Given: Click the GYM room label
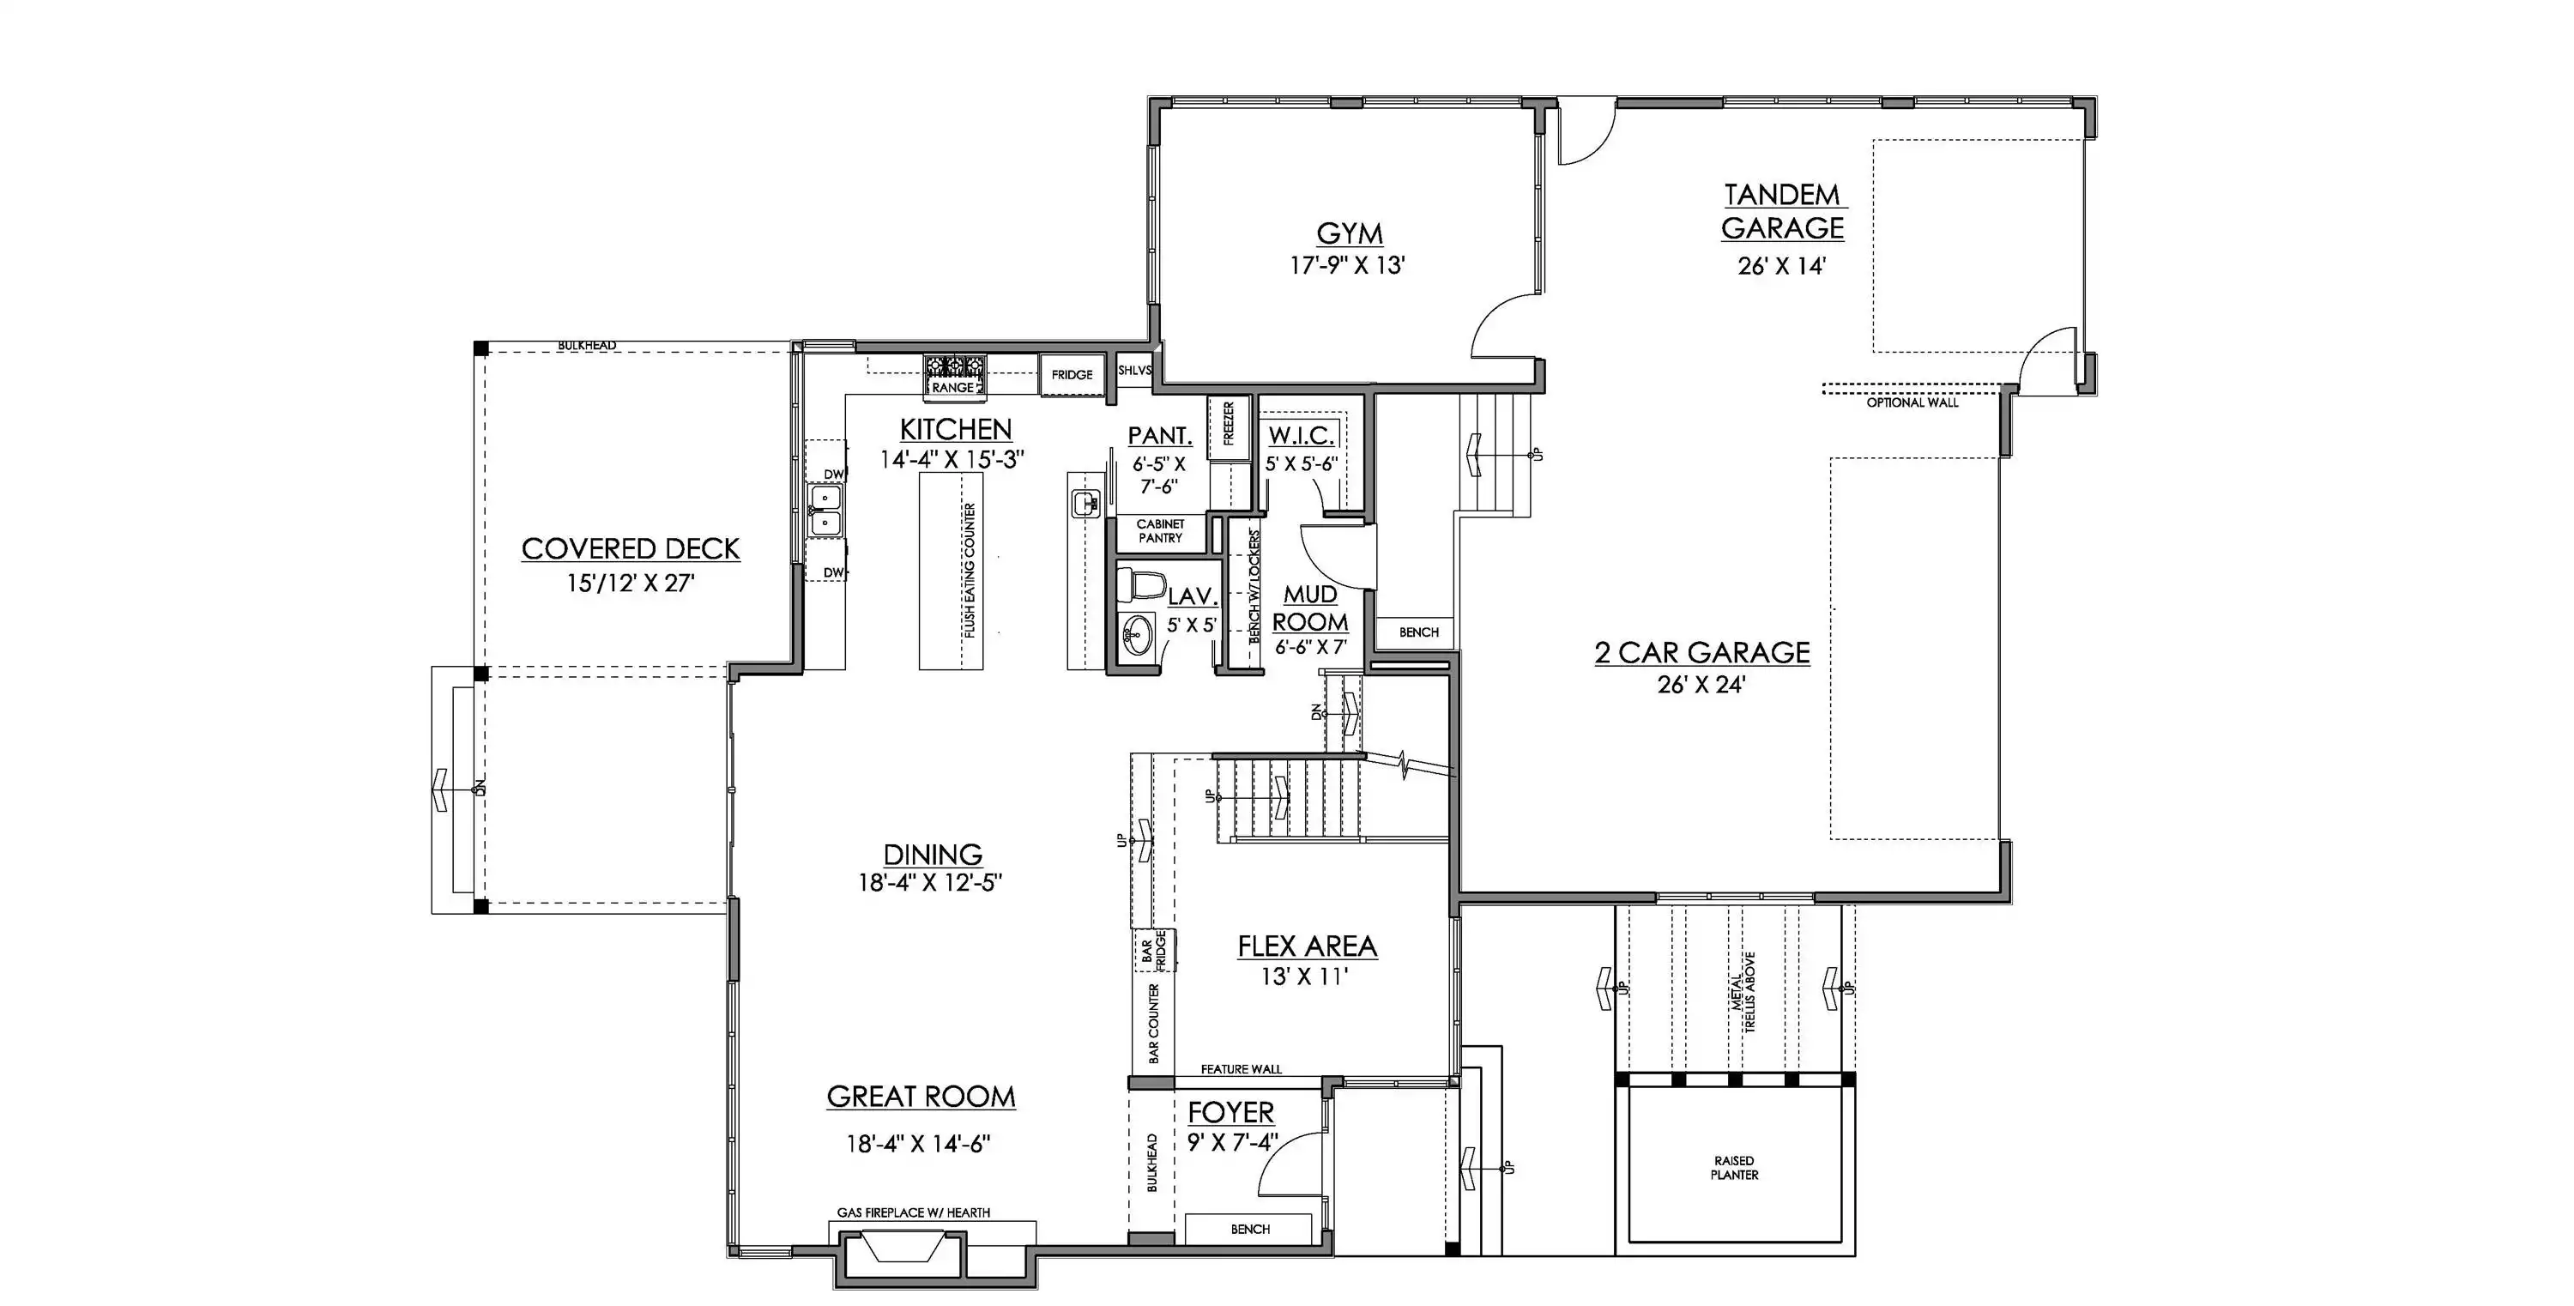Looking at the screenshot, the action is tap(1350, 233).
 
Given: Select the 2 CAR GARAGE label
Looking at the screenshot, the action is tap(1701, 652).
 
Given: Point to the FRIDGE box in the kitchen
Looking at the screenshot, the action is tap(1072, 375).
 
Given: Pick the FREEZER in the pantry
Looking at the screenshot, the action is tap(1228, 429).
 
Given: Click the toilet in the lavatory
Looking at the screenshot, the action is tap(1141, 583).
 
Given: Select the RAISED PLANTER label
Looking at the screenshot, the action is tap(1735, 1168).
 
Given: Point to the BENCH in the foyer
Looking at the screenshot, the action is tap(1249, 1229).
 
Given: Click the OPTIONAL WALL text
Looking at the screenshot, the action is tap(1912, 402).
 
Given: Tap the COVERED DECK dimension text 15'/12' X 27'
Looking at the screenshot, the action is tap(631, 583).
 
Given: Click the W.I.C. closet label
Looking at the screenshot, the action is tap(1301, 436).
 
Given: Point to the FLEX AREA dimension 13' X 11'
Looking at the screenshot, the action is tap(1305, 976).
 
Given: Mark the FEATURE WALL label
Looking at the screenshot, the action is tap(1241, 1069).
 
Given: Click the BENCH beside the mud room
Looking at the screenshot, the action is tap(1418, 632).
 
